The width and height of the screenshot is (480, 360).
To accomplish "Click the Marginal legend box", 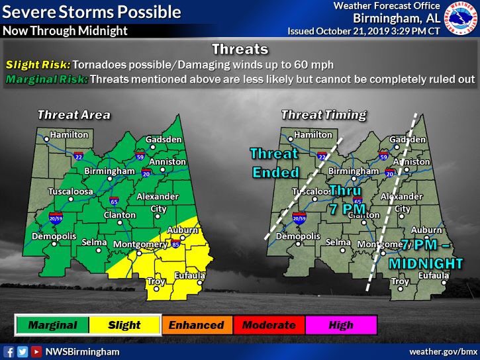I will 52,325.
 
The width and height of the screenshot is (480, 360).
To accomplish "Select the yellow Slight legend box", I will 124,325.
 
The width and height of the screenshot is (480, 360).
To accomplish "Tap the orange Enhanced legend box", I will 196,325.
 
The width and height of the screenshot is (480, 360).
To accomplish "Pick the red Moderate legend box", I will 268,325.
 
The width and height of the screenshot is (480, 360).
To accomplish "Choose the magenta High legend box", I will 340,325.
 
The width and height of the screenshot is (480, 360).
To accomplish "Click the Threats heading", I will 240,50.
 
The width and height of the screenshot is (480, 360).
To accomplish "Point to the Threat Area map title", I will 73,114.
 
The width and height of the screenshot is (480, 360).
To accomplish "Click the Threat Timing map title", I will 323,114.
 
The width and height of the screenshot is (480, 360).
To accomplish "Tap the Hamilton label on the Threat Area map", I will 69,134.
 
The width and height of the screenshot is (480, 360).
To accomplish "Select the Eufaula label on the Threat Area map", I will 190,275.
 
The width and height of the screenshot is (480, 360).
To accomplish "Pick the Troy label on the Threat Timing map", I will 400,282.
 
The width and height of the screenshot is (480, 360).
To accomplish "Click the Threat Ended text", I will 275,163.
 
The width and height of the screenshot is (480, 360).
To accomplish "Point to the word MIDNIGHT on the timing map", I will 426,263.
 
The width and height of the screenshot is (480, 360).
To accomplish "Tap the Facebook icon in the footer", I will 9,351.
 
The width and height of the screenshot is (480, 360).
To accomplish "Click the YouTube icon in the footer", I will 36,351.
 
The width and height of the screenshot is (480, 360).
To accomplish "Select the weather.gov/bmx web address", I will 443,351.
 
